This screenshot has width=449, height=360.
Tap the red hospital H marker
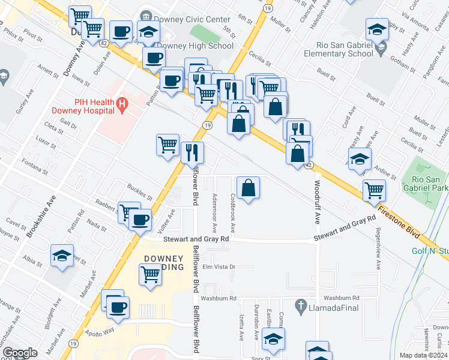click(x=123, y=106)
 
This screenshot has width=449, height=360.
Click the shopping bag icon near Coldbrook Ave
click(x=248, y=188)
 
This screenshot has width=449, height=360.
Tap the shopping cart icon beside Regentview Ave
click(x=374, y=190)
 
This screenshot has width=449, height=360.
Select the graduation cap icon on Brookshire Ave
click(x=62, y=256)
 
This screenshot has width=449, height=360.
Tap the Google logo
click(x=20, y=353)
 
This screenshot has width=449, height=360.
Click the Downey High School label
click(x=195, y=46)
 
